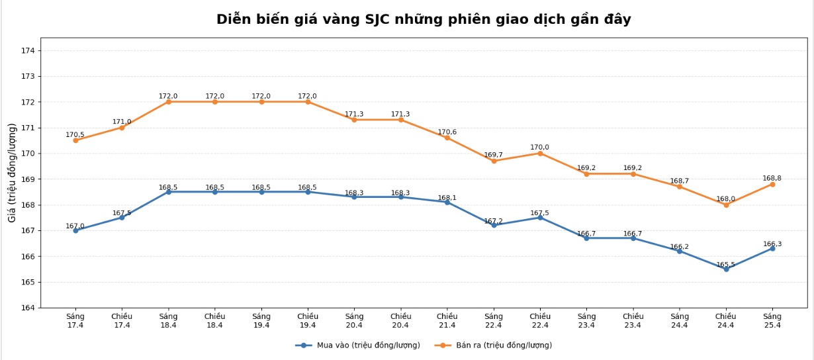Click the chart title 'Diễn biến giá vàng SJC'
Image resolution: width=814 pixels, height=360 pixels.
click(x=424, y=19)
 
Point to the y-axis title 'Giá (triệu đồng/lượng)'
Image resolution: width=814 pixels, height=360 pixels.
click(x=12, y=172)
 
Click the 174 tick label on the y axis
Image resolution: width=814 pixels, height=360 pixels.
click(x=28, y=50)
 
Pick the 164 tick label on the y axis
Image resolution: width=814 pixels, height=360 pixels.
click(x=28, y=308)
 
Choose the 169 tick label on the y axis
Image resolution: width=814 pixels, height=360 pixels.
click(x=28, y=179)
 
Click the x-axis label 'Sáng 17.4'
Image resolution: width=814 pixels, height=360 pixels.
click(x=75, y=321)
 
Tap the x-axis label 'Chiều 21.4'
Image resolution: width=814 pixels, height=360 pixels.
click(x=447, y=321)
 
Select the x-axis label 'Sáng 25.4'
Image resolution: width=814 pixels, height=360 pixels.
click(x=772, y=321)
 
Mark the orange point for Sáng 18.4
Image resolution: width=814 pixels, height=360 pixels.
click(x=168, y=102)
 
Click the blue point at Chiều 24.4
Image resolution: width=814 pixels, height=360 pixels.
click(x=726, y=269)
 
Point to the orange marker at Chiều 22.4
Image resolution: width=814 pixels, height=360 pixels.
click(x=540, y=154)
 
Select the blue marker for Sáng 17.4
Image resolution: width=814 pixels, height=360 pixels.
click(x=75, y=230)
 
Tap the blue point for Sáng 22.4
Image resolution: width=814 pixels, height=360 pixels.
click(x=494, y=225)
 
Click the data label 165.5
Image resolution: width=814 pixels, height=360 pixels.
click(x=726, y=265)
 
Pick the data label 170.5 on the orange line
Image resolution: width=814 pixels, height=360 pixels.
click(x=75, y=135)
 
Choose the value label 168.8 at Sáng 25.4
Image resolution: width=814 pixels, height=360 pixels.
click(x=772, y=179)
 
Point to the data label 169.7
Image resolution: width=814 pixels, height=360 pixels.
click(x=493, y=155)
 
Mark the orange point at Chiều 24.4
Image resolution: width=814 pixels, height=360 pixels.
click(x=726, y=204)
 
